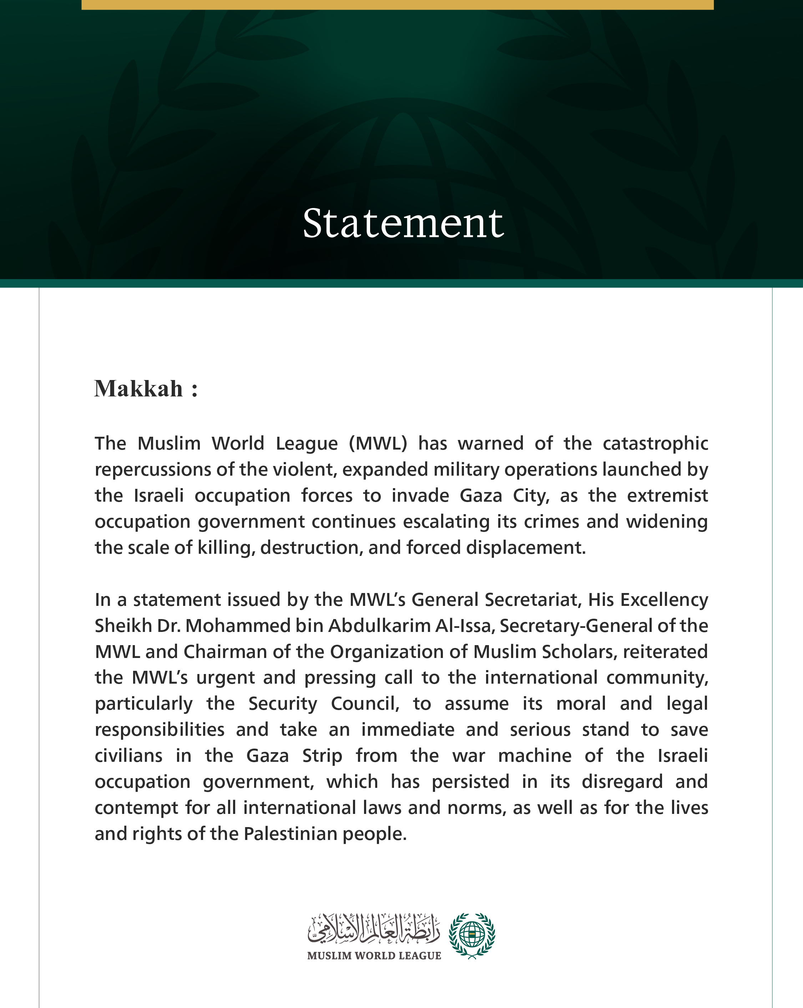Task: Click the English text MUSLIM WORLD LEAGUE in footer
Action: [374, 956]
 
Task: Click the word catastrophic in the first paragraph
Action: [655, 443]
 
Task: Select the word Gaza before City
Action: [480, 496]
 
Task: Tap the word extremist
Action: [667, 496]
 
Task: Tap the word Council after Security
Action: [365, 704]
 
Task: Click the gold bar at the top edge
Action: [398, 4]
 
